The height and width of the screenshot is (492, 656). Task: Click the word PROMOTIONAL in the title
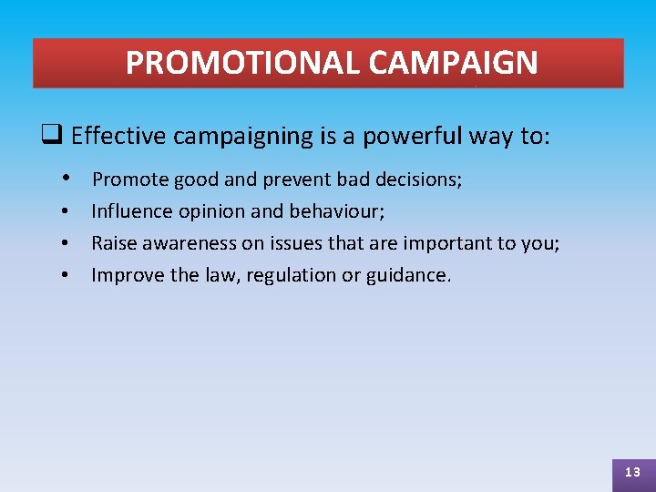pos(243,63)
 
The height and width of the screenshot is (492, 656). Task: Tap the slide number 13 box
pos(632,472)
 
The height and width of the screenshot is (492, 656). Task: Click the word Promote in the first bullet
pos(130,179)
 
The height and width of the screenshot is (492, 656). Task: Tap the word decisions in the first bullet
pos(423,179)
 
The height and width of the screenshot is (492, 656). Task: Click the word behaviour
pos(336,211)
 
